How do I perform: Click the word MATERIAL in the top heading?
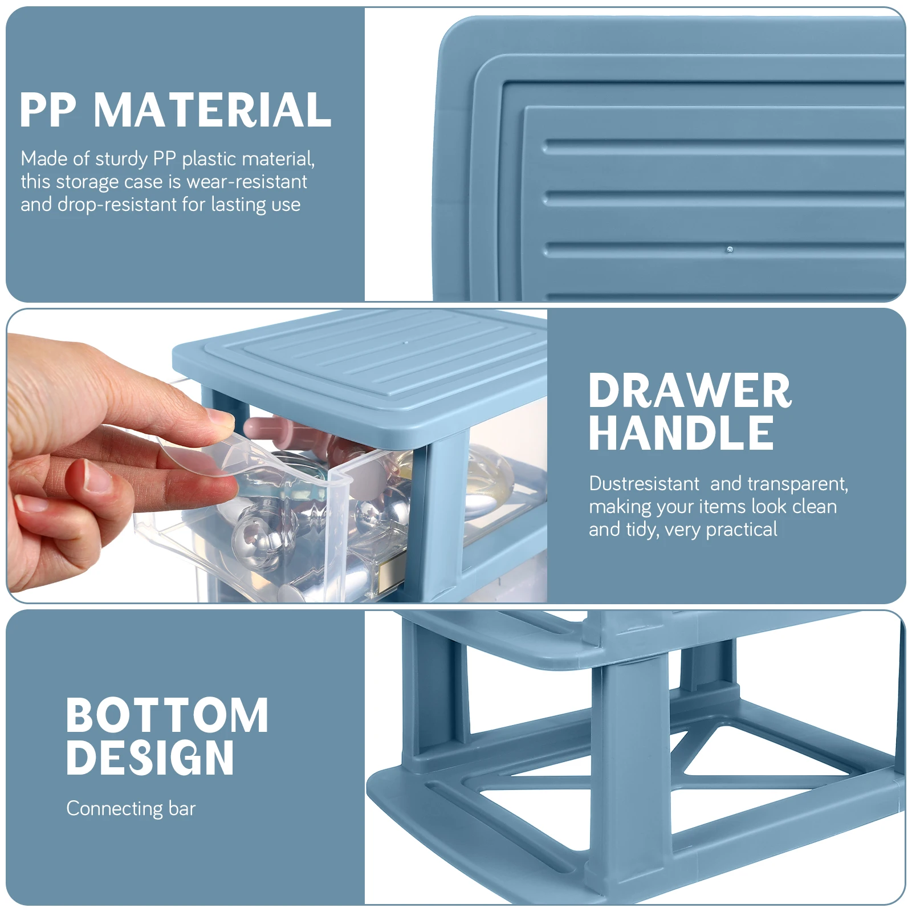pyautogui.click(x=212, y=110)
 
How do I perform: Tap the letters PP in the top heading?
pyautogui.click(x=48, y=110)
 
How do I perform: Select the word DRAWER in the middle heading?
pyautogui.click(x=690, y=391)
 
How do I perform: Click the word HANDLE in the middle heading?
pyautogui.click(x=681, y=433)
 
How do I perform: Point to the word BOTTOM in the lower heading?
pyautogui.click(x=167, y=715)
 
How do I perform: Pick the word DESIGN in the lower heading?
pyautogui.click(x=150, y=758)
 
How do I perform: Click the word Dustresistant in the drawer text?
pyautogui.click(x=644, y=483)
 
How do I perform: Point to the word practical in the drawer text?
pyautogui.click(x=742, y=530)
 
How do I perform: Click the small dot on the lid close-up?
pyautogui.click(x=730, y=250)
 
